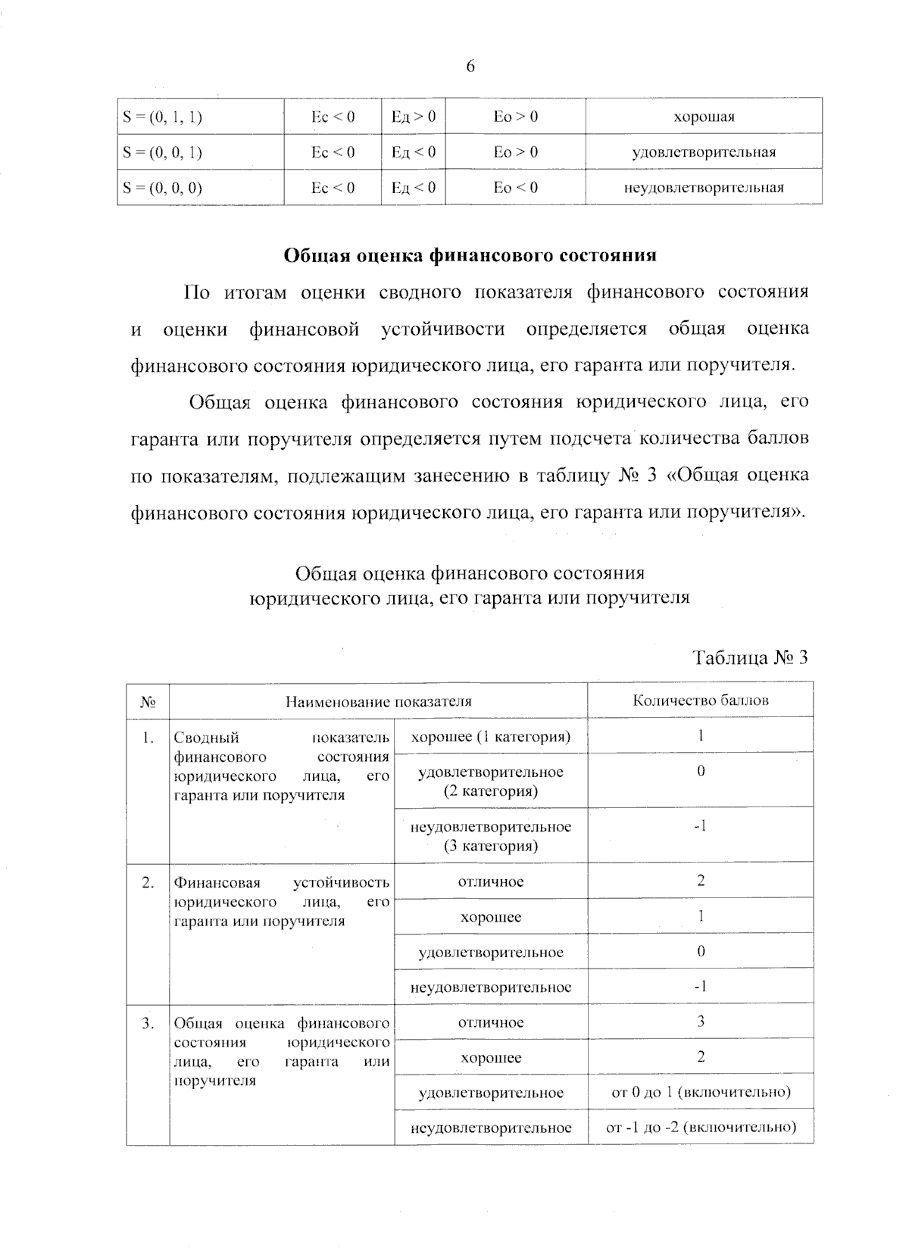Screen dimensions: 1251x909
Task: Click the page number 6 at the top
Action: click(x=470, y=67)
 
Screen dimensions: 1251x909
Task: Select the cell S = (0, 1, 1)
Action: click(x=163, y=117)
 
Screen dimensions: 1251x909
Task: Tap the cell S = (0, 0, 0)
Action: click(x=163, y=188)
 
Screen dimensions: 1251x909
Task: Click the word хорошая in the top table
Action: click(x=704, y=117)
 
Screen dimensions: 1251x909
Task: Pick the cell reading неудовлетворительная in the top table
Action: click(x=704, y=188)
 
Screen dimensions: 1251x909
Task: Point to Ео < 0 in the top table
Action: click(x=515, y=188)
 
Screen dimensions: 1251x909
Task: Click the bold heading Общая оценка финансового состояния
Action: click(x=470, y=256)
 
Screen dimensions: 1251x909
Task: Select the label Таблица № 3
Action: click(x=751, y=657)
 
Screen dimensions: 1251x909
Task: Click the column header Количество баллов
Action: click(x=701, y=700)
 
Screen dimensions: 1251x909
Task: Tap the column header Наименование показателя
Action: click(x=378, y=701)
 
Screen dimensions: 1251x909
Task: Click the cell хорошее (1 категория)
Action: click(x=490, y=737)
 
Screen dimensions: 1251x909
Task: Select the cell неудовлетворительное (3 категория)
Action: click(x=491, y=836)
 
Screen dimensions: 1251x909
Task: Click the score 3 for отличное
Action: click(x=701, y=1022)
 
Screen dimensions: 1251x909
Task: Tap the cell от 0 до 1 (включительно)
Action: click(x=701, y=1092)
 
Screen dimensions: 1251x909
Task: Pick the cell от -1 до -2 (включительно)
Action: click(x=701, y=1127)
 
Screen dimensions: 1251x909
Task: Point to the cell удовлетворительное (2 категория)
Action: click(x=491, y=781)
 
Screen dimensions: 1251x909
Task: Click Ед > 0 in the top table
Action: click(x=413, y=117)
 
